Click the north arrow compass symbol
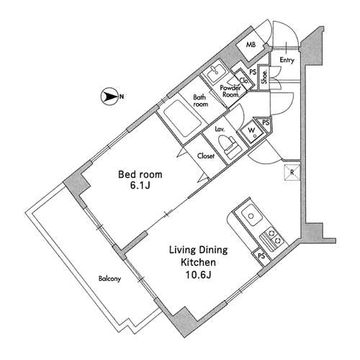coord(109,96)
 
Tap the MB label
coord(251,45)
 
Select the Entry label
coord(287,60)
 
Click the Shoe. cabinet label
coord(265,77)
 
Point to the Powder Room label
coord(230,91)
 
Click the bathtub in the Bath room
coord(182,119)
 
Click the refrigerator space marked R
coord(292,172)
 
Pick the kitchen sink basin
coord(251,215)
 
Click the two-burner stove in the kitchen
coord(272,238)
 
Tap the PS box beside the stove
coord(261,256)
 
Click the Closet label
coord(206,156)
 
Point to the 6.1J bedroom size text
coord(140,185)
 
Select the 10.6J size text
coord(198,275)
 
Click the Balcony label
coord(109,279)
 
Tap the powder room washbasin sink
coord(215,72)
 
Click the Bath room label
coord(201,101)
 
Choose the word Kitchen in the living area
coord(198,262)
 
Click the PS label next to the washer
coord(266,122)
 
